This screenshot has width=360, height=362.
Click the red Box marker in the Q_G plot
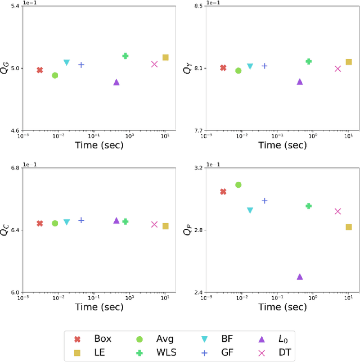40,70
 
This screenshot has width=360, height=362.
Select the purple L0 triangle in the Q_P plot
300,277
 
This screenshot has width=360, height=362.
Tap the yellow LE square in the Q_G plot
165,57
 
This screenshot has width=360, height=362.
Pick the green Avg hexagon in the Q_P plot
238,185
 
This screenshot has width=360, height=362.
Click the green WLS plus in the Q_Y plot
308,61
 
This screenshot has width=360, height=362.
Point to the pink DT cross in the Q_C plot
155,224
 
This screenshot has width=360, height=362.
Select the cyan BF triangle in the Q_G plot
66,62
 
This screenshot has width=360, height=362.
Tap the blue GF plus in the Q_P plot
264,201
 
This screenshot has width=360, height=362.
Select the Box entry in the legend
93,338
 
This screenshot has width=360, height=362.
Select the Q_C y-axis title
5,230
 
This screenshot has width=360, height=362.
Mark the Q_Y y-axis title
188,68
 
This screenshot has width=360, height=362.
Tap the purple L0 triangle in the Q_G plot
116,82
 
